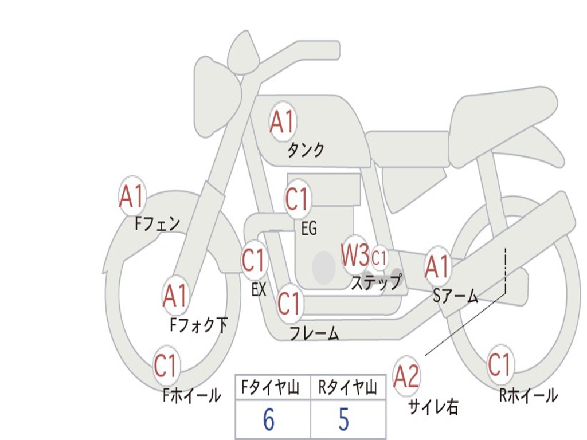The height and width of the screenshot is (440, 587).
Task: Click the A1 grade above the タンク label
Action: tap(282, 121)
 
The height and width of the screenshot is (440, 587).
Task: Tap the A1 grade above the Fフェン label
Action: tap(132, 198)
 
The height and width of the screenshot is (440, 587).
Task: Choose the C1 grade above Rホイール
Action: tap(499, 365)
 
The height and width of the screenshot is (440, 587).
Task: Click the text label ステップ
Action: tap(376, 282)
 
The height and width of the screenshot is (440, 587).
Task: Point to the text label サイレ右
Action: tap(433, 407)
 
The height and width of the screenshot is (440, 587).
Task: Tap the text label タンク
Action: tap(306, 150)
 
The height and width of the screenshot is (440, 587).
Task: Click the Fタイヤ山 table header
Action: tap(270, 388)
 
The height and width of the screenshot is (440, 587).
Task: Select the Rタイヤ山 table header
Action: tap(347, 388)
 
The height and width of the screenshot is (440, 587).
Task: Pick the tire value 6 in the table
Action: tap(269, 420)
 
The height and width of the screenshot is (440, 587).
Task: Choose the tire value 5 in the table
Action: tap(343, 420)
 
